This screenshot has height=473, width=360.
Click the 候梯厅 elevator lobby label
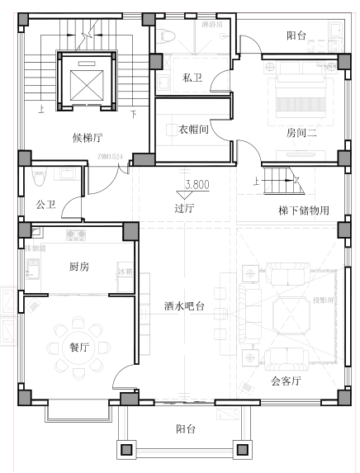87,138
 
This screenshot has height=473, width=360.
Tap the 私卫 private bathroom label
192,78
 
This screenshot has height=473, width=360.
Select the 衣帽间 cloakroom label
192,130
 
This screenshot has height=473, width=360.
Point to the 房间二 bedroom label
301,132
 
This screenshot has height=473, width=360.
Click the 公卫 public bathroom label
45,203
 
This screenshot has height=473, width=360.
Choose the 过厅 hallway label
184,208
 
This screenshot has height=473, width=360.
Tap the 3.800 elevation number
197,185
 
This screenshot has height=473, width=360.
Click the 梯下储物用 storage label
304,210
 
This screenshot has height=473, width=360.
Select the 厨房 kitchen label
79,267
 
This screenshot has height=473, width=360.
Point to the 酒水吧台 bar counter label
185,305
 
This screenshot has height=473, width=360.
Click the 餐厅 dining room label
79,347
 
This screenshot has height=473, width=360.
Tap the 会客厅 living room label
286,381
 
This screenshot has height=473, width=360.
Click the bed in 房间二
299,99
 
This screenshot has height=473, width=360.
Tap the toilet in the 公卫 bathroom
39,178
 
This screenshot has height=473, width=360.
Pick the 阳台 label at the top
296,35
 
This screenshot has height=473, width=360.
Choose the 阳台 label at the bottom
186,429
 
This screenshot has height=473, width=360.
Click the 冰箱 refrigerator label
125,272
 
